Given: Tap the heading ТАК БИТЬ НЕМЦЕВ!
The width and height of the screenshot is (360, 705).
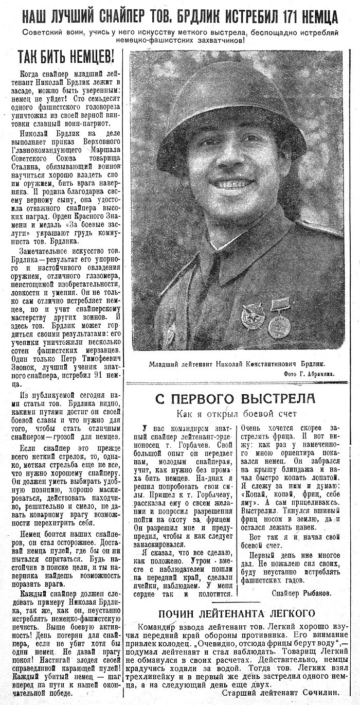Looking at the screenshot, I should (x=66, y=56).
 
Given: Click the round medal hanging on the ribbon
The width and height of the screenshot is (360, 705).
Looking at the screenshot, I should (x=279, y=326).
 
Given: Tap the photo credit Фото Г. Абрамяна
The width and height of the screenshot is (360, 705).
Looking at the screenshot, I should (x=308, y=374).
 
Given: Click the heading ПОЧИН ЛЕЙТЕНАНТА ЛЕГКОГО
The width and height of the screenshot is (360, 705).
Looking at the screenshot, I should (x=236, y=613).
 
